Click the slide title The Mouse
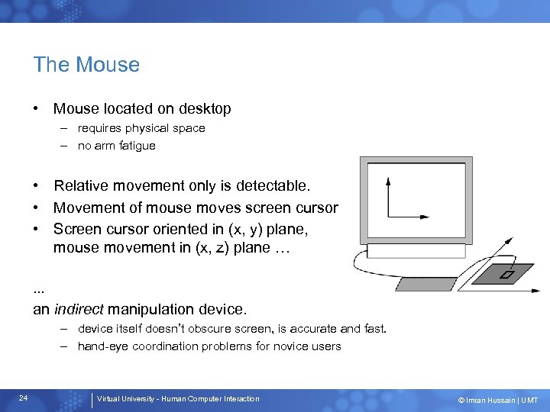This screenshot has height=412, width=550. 86,65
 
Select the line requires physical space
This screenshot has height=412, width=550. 141,128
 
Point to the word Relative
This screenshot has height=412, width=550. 82,186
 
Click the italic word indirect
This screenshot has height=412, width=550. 79,310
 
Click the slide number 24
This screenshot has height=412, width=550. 24,398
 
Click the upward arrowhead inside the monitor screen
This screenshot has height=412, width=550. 388,182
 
